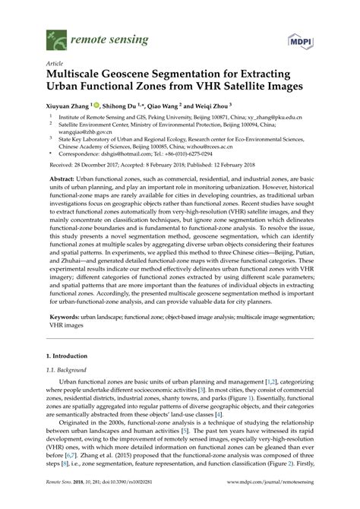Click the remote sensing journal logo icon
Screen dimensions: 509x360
coord(53,35)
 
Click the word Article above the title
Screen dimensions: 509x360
coord(55,64)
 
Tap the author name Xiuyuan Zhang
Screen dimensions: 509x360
coord(67,107)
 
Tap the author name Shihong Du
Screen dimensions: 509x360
coord(124,107)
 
